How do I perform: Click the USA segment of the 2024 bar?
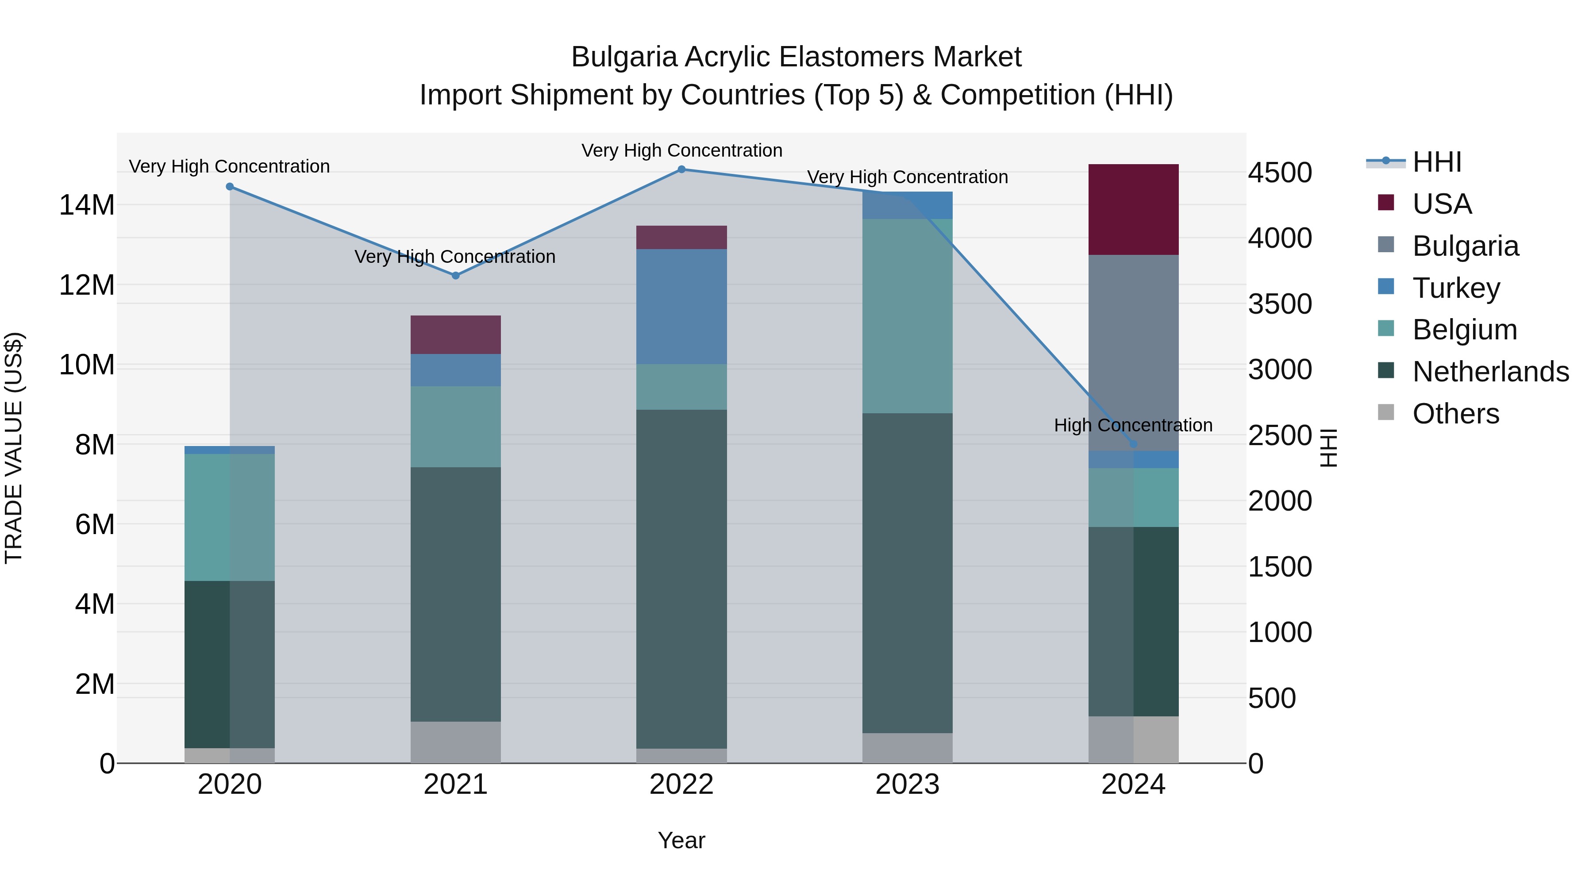click(1133, 210)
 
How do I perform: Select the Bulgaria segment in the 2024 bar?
click(1133, 353)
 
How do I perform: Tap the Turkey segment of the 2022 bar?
click(681, 307)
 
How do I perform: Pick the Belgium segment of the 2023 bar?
click(907, 316)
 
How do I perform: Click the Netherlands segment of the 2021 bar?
click(456, 594)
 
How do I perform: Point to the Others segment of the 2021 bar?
click(456, 742)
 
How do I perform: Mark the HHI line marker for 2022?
click(681, 169)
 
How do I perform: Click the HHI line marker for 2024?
click(1133, 444)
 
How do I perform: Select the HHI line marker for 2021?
click(456, 276)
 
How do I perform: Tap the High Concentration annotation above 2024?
click(1133, 425)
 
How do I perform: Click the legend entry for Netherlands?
click(1490, 372)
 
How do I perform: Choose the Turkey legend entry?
click(1456, 288)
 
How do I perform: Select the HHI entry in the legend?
click(1436, 162)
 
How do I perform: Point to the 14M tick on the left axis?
click(87, 205)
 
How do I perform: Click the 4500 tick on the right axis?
click(1279, 173)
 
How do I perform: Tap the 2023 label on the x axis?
click(907, 784)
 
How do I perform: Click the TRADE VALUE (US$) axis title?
click(14, 448)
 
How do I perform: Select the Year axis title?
click(681, 840)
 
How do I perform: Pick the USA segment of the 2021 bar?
click(456, 335)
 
